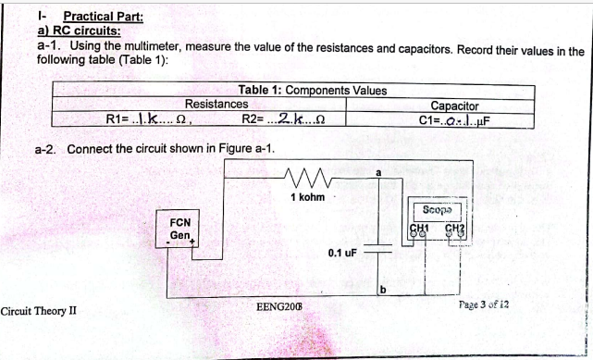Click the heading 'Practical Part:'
point(102,16)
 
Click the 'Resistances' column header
point(216,105)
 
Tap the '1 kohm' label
point(306,196)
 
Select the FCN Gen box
point(180,230)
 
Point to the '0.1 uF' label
point(341,252)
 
